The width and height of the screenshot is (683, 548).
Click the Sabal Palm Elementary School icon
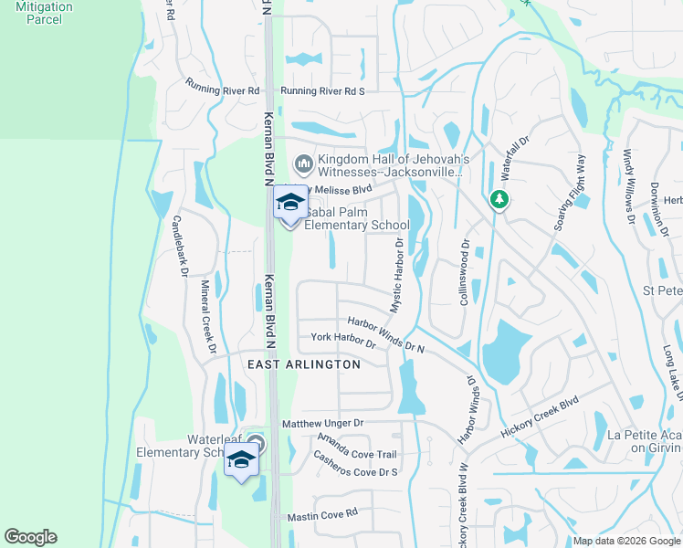290,203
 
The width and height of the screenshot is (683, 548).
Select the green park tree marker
499,198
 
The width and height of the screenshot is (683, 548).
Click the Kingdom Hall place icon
303,165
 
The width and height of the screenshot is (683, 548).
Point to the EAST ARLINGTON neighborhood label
305,364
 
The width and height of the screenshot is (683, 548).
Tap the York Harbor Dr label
343,340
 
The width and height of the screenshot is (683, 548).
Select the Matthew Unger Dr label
322,424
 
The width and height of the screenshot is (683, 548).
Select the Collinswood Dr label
465,271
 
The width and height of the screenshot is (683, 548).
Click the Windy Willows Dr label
629,186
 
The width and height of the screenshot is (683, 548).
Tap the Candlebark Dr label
180,247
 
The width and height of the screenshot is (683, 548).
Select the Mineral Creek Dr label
208,316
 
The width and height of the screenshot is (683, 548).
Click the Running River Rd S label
322,91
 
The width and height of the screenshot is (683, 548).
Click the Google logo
30,537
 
